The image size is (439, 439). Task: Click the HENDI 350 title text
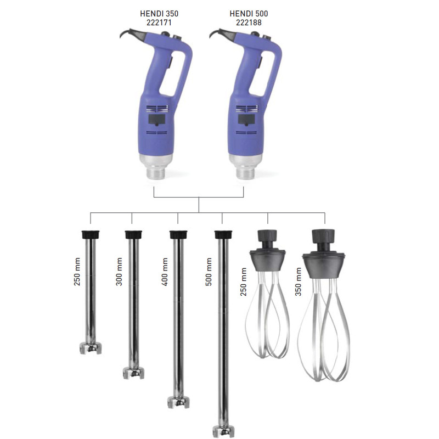(162, 13)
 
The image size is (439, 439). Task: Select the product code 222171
(162, 22)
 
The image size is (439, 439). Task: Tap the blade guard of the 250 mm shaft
(91, 347)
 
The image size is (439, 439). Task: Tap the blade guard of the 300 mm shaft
(133, 373)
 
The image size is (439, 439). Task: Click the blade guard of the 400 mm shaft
(178, 402)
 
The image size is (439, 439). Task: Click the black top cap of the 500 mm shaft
(222, 234)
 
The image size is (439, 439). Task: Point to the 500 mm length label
(209, 271)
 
